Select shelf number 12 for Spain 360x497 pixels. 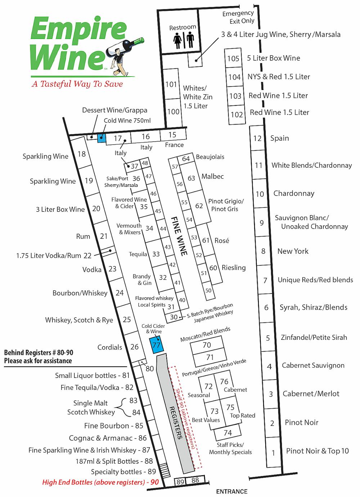tap(257, 138)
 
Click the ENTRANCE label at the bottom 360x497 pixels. tap(231, 491)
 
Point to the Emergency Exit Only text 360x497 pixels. tap(238, 17)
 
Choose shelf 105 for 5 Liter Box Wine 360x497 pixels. tap(233, 58)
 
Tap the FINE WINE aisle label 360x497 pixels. tap(179, 236)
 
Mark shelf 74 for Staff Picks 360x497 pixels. tap(228, 433)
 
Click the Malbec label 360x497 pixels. tap(212, 176)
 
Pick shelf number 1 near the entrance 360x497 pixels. tap(274, 452)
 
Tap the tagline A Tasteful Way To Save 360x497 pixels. tap(77, 84)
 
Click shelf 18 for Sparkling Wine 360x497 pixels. tap(82, 154)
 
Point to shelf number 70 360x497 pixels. tap(207, 345)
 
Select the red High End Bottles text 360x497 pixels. tap(100, 482)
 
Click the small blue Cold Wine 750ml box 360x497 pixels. tap(102, 137)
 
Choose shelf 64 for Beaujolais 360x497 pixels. tap(186, 159)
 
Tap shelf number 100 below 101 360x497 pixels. tap(173, 112)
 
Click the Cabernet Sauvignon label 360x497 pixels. tap(313, 365)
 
